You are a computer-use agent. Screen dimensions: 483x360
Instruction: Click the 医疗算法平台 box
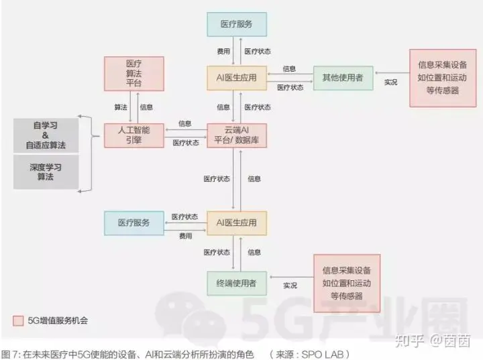(x=133, y=73)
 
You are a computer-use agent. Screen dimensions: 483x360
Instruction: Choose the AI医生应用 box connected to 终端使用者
(x=237, y=222)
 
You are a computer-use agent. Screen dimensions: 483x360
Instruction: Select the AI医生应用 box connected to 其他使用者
(x=237, y=77)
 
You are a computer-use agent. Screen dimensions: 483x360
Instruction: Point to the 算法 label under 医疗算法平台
(x=121, y=107)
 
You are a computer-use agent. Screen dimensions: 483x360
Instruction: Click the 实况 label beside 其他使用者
(x=390, y=82)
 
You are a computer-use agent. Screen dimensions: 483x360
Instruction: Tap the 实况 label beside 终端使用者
(x=290, y=285)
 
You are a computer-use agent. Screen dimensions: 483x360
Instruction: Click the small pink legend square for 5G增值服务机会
(x=18, y=320)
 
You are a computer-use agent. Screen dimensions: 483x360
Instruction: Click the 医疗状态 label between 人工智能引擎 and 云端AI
(x=185, y=142)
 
